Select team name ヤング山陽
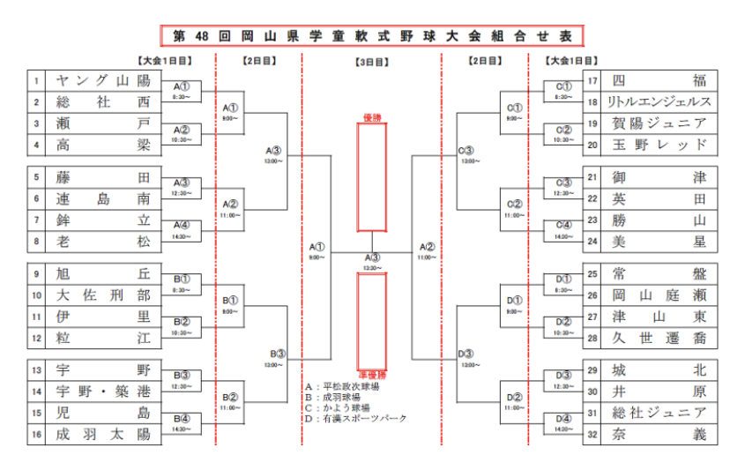click(x=103, y=81)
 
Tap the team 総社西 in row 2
click(x=103, y=102)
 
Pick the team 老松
click(x=103, y=241)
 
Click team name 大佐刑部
click(x=103, y=295)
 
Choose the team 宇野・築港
click(x=103, y=392)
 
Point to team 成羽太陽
click(x=103, y=434)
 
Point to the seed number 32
click(x=592, y=434)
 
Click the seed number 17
click(x=592, y=81)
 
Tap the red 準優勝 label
click(x=371, y=374)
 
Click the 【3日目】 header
click(x=371, y=63)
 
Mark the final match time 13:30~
click(x=371, y=267)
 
